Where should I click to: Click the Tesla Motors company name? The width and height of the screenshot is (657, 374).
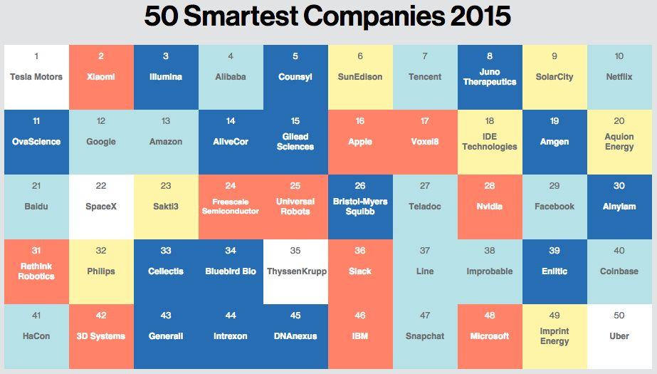[36, 77]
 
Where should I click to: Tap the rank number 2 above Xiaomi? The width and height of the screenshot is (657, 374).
[101, 56]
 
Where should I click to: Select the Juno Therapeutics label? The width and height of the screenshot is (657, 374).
[490, 77]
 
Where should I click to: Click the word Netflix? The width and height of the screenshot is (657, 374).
[619, 77]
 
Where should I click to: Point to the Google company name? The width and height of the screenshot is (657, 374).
[101, 142]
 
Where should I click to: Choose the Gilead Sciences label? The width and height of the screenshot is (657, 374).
[295, 142]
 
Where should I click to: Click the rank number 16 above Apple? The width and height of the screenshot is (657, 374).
[360, 121]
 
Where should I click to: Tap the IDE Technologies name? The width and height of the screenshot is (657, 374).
[490, 142]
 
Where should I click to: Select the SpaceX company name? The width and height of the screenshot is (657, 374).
[101, 207]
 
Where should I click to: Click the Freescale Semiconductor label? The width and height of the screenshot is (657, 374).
[231, 207]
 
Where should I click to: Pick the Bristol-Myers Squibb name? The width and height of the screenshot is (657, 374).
[360, 207]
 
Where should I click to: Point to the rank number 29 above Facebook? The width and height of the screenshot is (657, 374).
[554, 186]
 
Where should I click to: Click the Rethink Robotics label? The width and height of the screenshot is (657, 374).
[36, 271]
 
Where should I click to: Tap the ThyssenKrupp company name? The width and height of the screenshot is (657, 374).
[295, 271]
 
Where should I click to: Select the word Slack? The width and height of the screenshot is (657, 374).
[360, 271]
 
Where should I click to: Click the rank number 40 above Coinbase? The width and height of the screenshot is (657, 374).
[619, 251]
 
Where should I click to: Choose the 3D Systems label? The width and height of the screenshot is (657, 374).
[101, 336]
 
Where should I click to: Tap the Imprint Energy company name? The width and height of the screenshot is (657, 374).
[554, 336]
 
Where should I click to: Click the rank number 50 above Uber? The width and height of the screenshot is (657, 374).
[619, 316]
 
